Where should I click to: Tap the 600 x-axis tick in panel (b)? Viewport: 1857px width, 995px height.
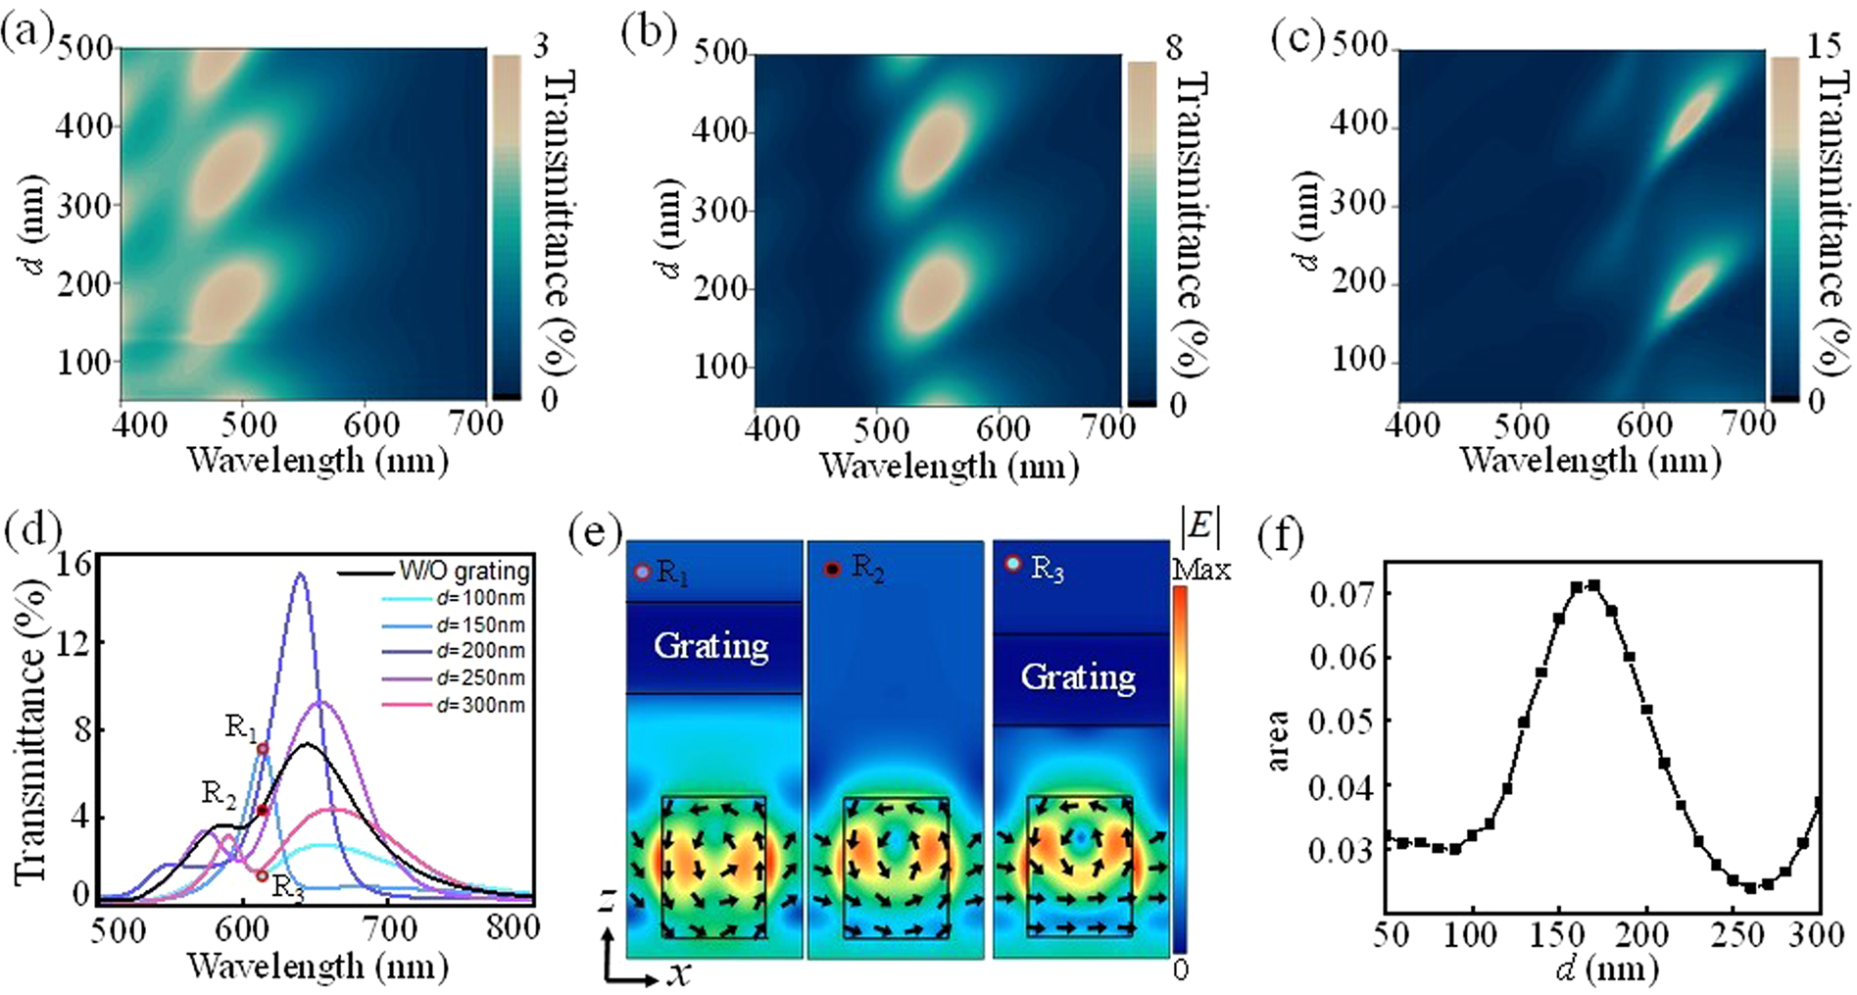point(1002,428)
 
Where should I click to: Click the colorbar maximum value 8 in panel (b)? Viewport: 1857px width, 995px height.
point(1174,47)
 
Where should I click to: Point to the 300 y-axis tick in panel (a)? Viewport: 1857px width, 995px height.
point(84,205)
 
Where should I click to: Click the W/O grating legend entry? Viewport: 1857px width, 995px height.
point(464,571)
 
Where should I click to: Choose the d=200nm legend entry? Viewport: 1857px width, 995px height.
point(480,651)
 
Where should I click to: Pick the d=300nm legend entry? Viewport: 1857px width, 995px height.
point(480,705)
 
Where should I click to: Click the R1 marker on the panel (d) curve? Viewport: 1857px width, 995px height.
point(263,749)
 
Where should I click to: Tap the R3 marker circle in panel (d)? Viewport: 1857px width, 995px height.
point(262,875)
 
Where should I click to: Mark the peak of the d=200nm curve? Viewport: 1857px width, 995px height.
point(301,574)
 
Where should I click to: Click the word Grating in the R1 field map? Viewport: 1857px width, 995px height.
point(711,646)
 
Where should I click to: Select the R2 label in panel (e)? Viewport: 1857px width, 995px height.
point(867,567)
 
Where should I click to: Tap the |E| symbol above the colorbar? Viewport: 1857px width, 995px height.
point(1200,529)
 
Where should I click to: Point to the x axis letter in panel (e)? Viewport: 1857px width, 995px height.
point(679,973)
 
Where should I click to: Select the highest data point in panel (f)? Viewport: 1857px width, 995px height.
point(1593,585)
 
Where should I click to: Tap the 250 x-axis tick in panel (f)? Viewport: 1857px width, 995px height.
point(1730,934)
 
